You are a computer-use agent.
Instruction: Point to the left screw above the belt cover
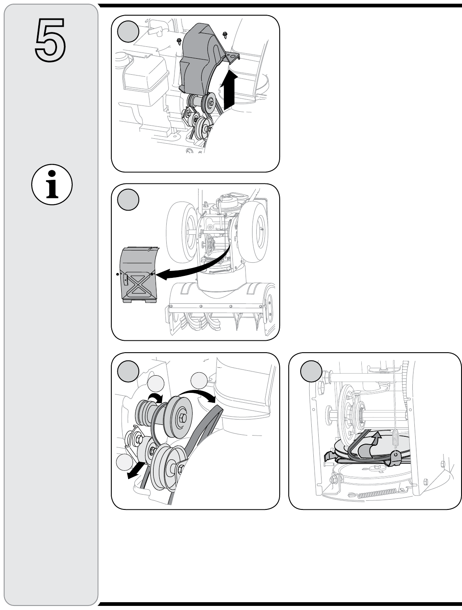(179, 40)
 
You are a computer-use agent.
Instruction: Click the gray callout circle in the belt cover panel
(128, 31)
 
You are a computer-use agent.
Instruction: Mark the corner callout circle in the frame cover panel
(128, 200)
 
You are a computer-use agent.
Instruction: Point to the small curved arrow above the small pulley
(155, 397)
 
